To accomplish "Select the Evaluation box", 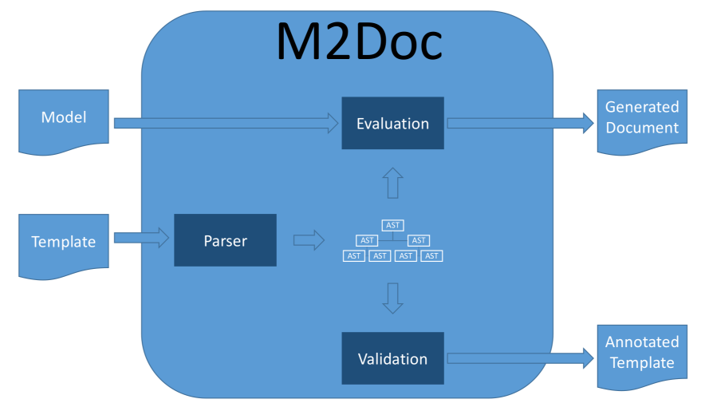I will pos(392,123).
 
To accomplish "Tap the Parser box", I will pos(225,239).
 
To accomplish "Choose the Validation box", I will pos(392,358).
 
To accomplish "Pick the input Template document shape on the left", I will pos(63,241).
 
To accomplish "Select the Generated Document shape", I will pos(641,118).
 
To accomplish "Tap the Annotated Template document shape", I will pos(641,353).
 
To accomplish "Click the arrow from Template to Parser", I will pos(142,237).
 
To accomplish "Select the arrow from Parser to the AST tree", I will pos(309,239).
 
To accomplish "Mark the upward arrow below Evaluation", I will pos(392,183).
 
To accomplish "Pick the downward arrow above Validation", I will pos(392,298).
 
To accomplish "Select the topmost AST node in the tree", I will pos(392,226).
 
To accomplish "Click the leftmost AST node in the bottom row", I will pos(354,256).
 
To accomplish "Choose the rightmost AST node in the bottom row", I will pos(431,256).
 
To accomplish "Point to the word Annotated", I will pos(642,342).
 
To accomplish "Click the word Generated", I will pos(642,108).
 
